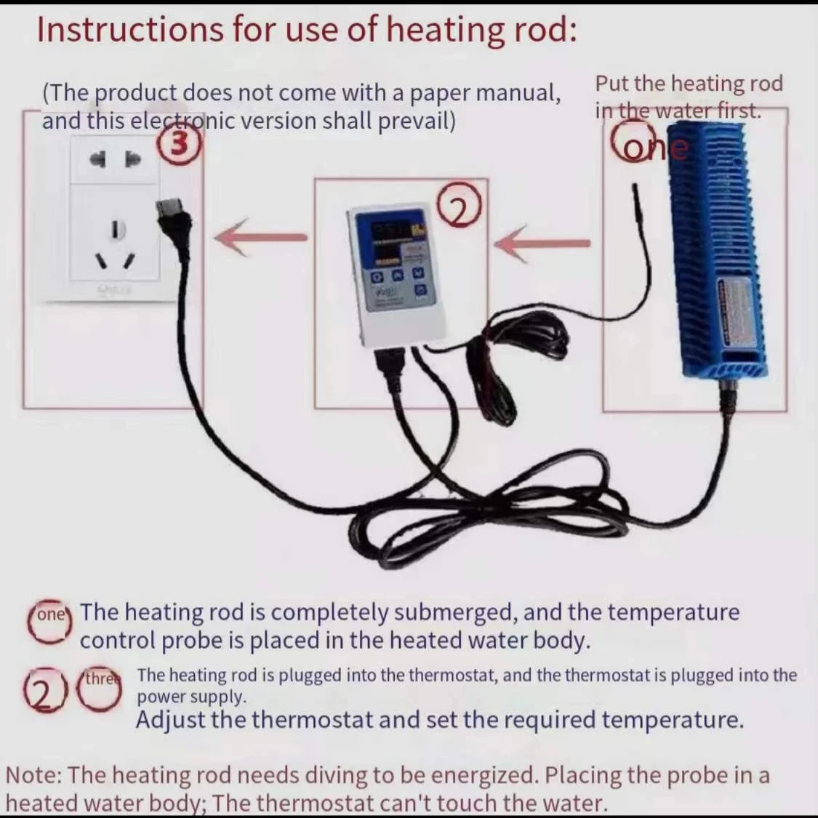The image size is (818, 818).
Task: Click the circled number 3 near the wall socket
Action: tap(179, 143)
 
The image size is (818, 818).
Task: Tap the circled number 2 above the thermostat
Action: tap(460, 206)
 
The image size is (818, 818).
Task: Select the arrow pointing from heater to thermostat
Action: tap(541, 243)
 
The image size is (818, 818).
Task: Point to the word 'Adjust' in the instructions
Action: tap(172, 720)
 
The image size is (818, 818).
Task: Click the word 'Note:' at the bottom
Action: tap(35, 774)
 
